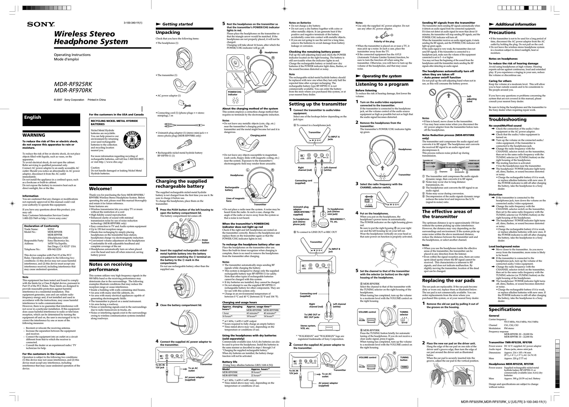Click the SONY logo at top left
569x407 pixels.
(41, 24)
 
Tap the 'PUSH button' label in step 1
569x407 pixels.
(206, 241)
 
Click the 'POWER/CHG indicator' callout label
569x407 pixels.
(234, 93)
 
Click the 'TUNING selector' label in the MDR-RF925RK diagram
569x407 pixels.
(404, 313)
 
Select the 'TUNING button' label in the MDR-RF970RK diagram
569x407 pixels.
(404, 359)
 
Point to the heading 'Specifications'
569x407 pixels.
(505, 309)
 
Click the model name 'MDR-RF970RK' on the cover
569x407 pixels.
(73, 90)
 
